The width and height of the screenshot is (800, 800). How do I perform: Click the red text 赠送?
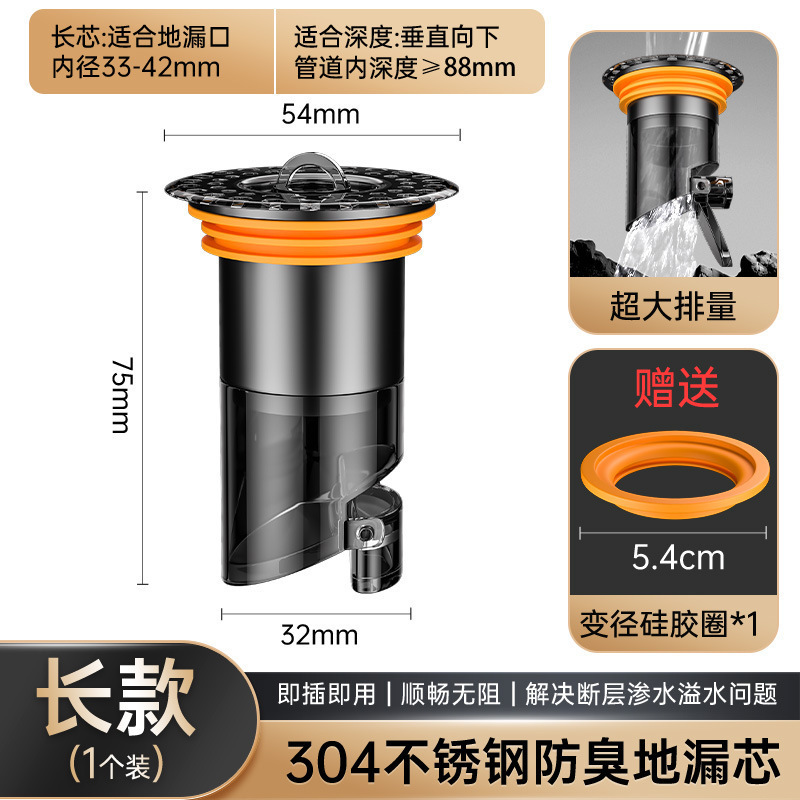[x=677, y=387]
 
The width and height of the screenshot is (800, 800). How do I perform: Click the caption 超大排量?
[x=673, y=305]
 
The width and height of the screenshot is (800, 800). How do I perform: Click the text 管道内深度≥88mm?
[x=405, y=68]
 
